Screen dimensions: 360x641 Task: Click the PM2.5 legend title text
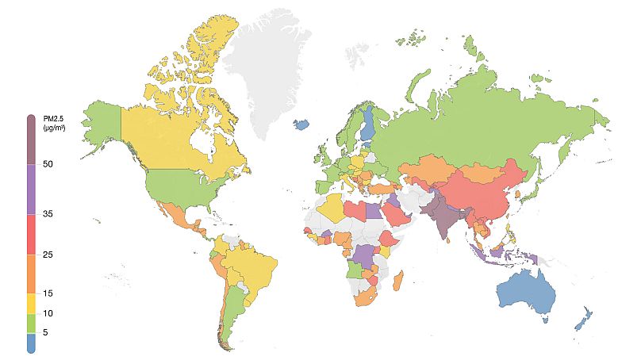53,122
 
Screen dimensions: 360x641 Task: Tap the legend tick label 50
48,164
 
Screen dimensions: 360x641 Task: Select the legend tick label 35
48,214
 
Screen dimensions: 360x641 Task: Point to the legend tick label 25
48,255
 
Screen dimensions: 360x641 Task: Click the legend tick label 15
48,293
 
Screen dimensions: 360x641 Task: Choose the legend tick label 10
48,313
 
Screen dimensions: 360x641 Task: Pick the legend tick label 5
45,333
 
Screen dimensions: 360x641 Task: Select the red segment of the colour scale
31,234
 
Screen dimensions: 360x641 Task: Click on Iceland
301,124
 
